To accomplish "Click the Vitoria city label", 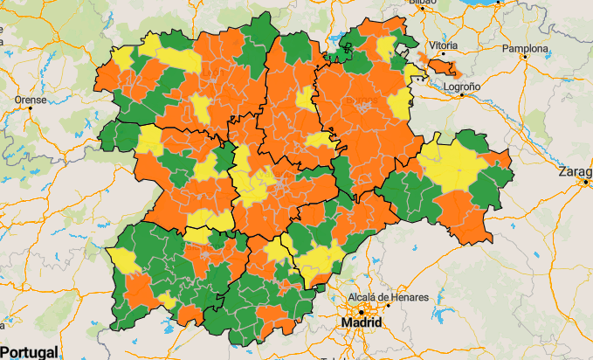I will point(443,45).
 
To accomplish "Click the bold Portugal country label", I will point(29,352).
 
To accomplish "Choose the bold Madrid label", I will point(362,322).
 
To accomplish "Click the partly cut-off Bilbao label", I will point(421,3).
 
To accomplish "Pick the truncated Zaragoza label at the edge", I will point(582,172).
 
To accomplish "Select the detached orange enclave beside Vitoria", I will point(440,66).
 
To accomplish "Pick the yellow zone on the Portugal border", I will point(121,260).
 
